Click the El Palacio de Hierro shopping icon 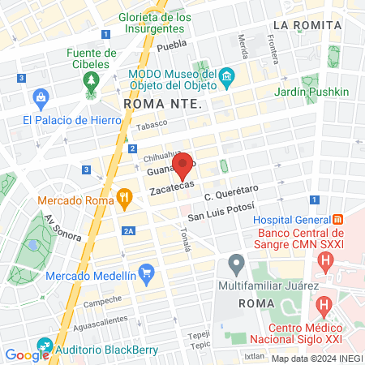[40, 99]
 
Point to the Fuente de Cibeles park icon [90, 81]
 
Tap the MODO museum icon [227, 78]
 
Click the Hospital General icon [339, 219]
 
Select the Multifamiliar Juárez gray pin [237, 264]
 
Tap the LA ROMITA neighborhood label [307, 25]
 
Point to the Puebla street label [171, 45]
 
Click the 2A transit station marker [128, 232]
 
